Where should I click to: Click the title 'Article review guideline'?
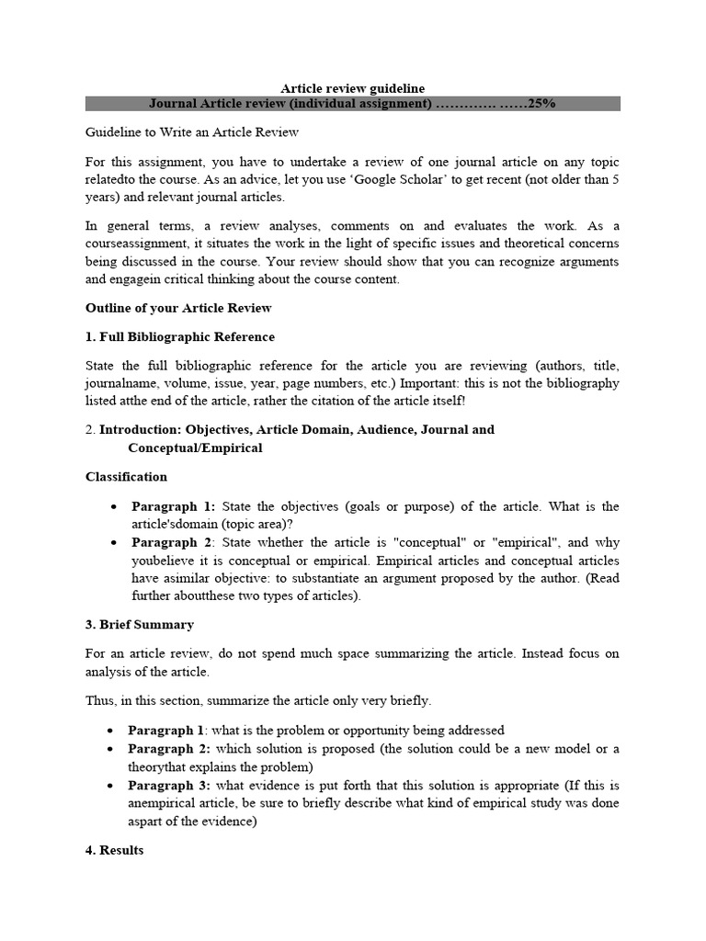[x=352, y=88]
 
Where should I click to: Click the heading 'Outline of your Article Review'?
[x=178, y=308]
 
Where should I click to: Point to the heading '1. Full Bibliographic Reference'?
[x=180, y=336]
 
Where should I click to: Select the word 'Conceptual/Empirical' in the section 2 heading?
[x=195, y=448]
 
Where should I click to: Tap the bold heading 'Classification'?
[x=126, y=477]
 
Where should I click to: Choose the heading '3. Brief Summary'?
[x=140, y=625]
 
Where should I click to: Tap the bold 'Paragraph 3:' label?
[x=169, y=785]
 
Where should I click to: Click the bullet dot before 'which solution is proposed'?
[x=110, y=749]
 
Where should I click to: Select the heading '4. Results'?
[x=115, y=850]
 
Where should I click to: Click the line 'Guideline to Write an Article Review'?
[x=192, y=132]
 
